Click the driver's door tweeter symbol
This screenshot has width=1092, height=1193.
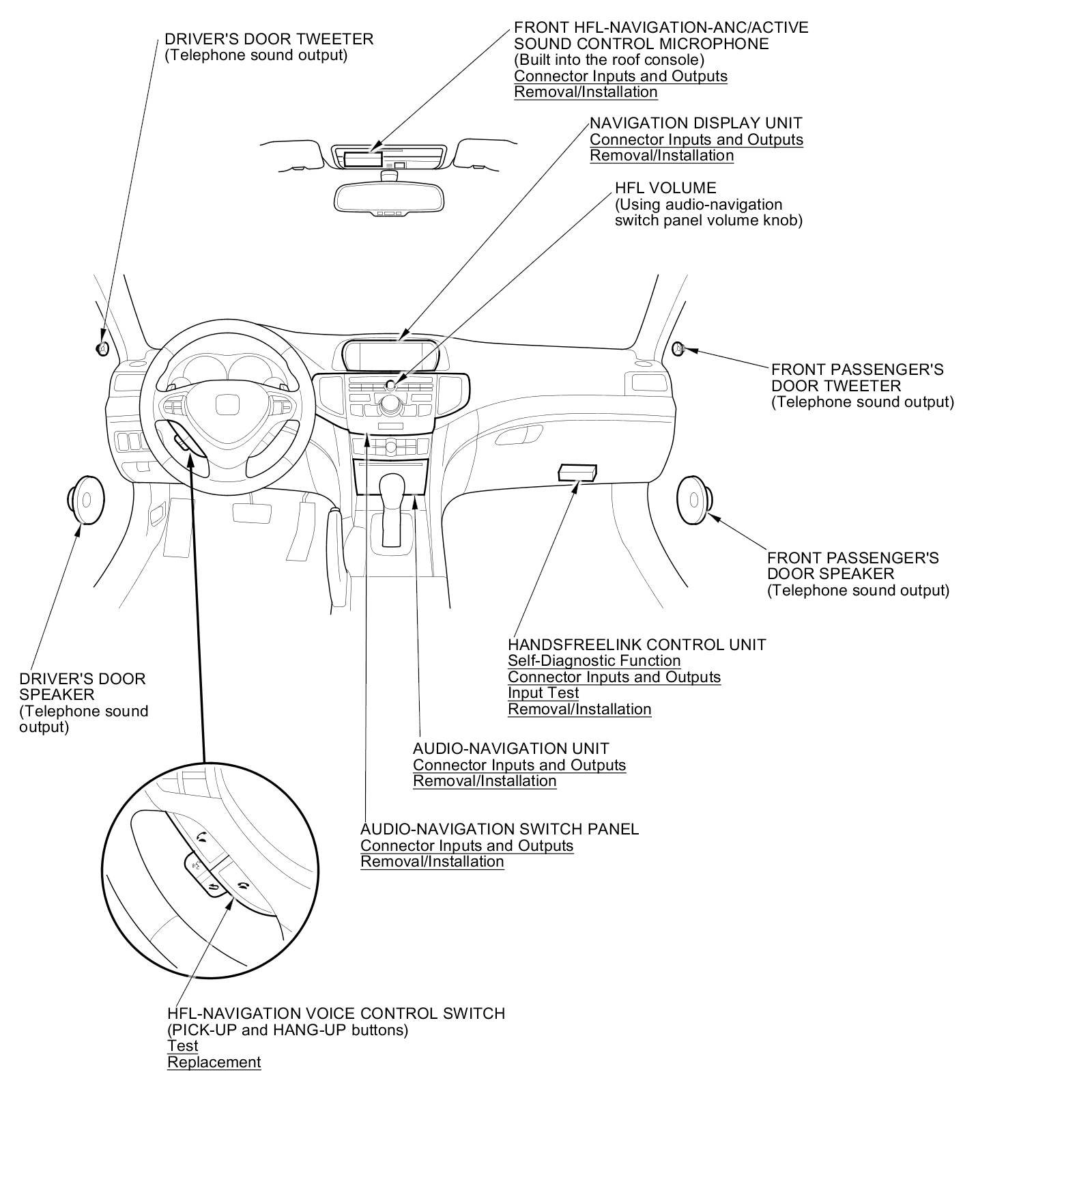click(102, 348)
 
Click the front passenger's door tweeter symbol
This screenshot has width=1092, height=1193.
click(678, 348)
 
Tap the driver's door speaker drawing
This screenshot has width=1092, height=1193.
click(85, 500)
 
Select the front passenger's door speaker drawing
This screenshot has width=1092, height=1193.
click(694, 501)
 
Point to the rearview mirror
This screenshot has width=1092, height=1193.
click(389, 198)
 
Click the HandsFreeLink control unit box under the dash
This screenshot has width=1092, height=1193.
click(577, 472)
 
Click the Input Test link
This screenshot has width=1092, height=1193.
click(543, 693)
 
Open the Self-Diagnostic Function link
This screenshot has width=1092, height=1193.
click(594, 661)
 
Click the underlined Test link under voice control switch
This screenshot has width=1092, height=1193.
click(183, 1046)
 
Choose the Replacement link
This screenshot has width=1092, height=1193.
click(214, 1063)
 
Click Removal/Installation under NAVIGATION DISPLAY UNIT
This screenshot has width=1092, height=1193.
click(661, 156)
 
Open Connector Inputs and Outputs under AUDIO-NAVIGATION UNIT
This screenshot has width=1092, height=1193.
click(519, 765)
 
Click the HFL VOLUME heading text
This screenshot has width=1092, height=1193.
click(665, 188)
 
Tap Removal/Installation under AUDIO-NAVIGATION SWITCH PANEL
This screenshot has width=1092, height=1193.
click(432, 862)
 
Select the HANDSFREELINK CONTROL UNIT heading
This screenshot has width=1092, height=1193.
click(637, 645)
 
